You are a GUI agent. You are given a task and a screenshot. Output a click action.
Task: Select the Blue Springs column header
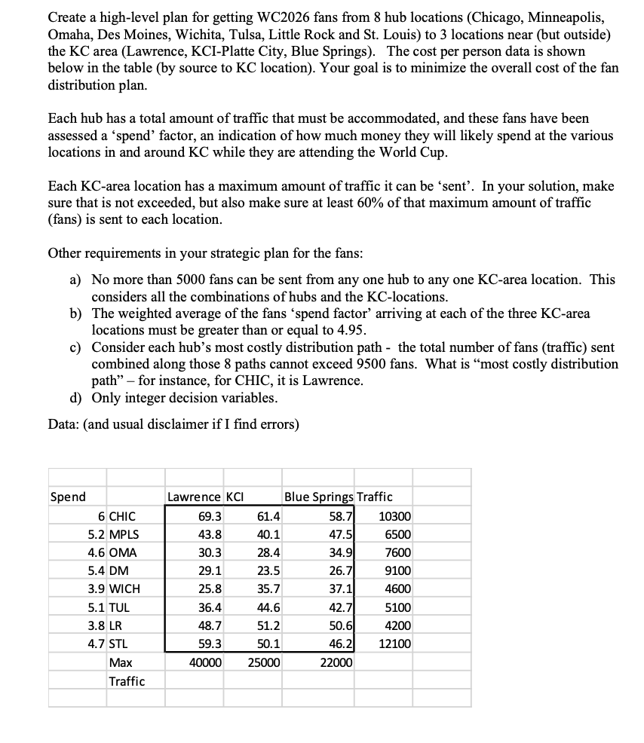point(318,497)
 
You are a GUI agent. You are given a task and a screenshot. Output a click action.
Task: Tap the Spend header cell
point(68,497)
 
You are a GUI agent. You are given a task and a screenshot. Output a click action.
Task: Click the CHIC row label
point(122,516)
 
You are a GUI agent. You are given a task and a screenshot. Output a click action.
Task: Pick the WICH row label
point(124,589)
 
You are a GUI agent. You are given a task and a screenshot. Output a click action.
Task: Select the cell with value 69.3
point(209,516)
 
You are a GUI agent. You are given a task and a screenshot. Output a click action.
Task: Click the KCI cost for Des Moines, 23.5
point(268,570)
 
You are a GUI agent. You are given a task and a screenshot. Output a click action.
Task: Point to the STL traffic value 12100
point(395,644)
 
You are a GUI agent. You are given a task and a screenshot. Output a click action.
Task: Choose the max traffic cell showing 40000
point(204,662)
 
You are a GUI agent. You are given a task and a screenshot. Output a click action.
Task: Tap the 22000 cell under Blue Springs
point(336,662)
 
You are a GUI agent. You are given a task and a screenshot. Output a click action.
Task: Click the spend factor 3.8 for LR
point(96,625)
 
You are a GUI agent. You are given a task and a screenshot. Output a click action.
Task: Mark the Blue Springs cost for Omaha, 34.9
point(340,552)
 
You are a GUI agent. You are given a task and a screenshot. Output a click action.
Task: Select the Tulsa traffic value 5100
point(397,607)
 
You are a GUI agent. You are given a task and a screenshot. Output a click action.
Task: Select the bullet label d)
point(76,397)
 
